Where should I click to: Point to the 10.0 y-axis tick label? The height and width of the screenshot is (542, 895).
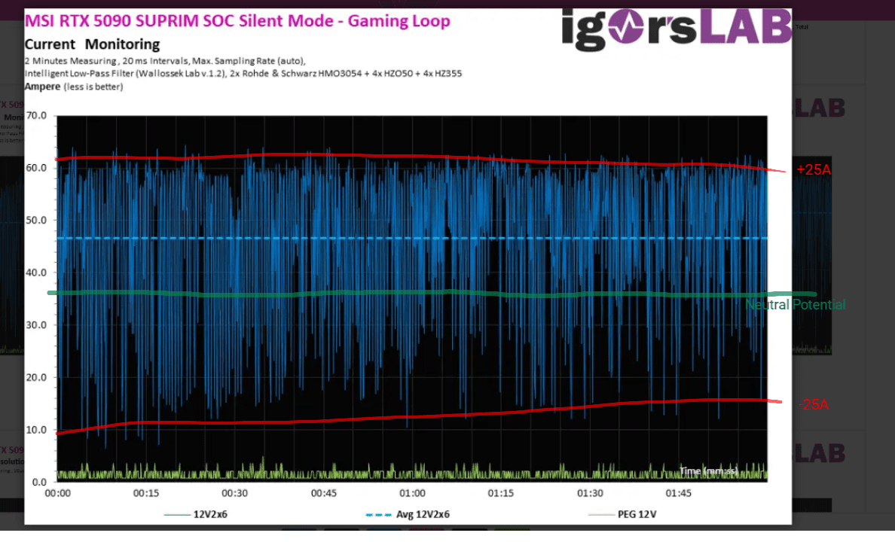36,430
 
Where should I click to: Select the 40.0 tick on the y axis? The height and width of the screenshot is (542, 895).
36,273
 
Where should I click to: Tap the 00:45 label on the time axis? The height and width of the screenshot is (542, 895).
324,494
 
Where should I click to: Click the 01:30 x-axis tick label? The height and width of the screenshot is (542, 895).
590,494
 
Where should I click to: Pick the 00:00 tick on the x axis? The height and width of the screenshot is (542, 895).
58,494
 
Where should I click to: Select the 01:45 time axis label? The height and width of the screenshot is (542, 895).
679,494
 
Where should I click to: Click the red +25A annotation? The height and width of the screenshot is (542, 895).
814,170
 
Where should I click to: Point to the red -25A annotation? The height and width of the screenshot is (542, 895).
814,405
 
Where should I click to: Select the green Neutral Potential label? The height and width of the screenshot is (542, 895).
796,305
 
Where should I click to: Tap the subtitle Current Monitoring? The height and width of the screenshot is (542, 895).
92,44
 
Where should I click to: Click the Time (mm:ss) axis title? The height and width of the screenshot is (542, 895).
708,470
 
